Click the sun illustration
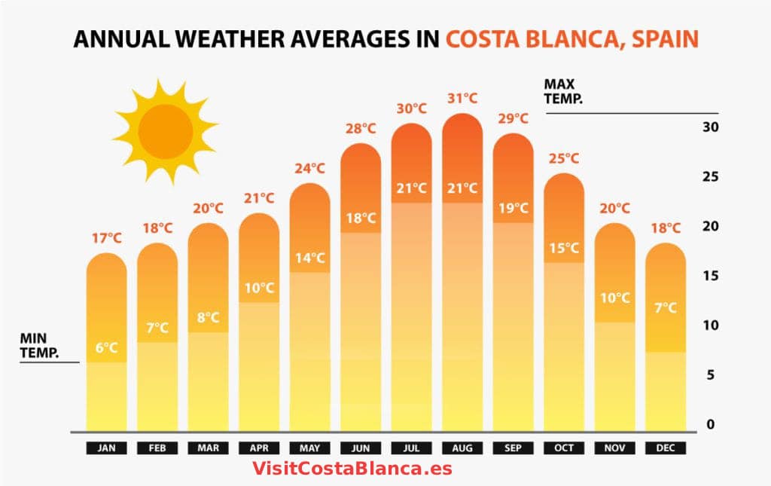tap(165, 130)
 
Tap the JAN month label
tap(107, 448)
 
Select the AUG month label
tap(462, 448)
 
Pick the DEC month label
tap(666, 448)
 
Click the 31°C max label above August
tap(462, 98)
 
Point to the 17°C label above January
tap(107, 237)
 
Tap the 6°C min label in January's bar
tap(107, 347)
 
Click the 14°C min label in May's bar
tap(310, 258)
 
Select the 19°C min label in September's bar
tap(513, 208)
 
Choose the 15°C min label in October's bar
tap(564, 248)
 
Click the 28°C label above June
tap(361, 128)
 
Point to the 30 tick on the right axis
tap(711, 127)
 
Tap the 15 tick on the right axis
tap(711, 276)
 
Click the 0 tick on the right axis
tap(711, 425)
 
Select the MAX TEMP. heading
tap(563, 90)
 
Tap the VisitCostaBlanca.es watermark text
tap(352, 469)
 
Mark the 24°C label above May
tap(310, 168)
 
